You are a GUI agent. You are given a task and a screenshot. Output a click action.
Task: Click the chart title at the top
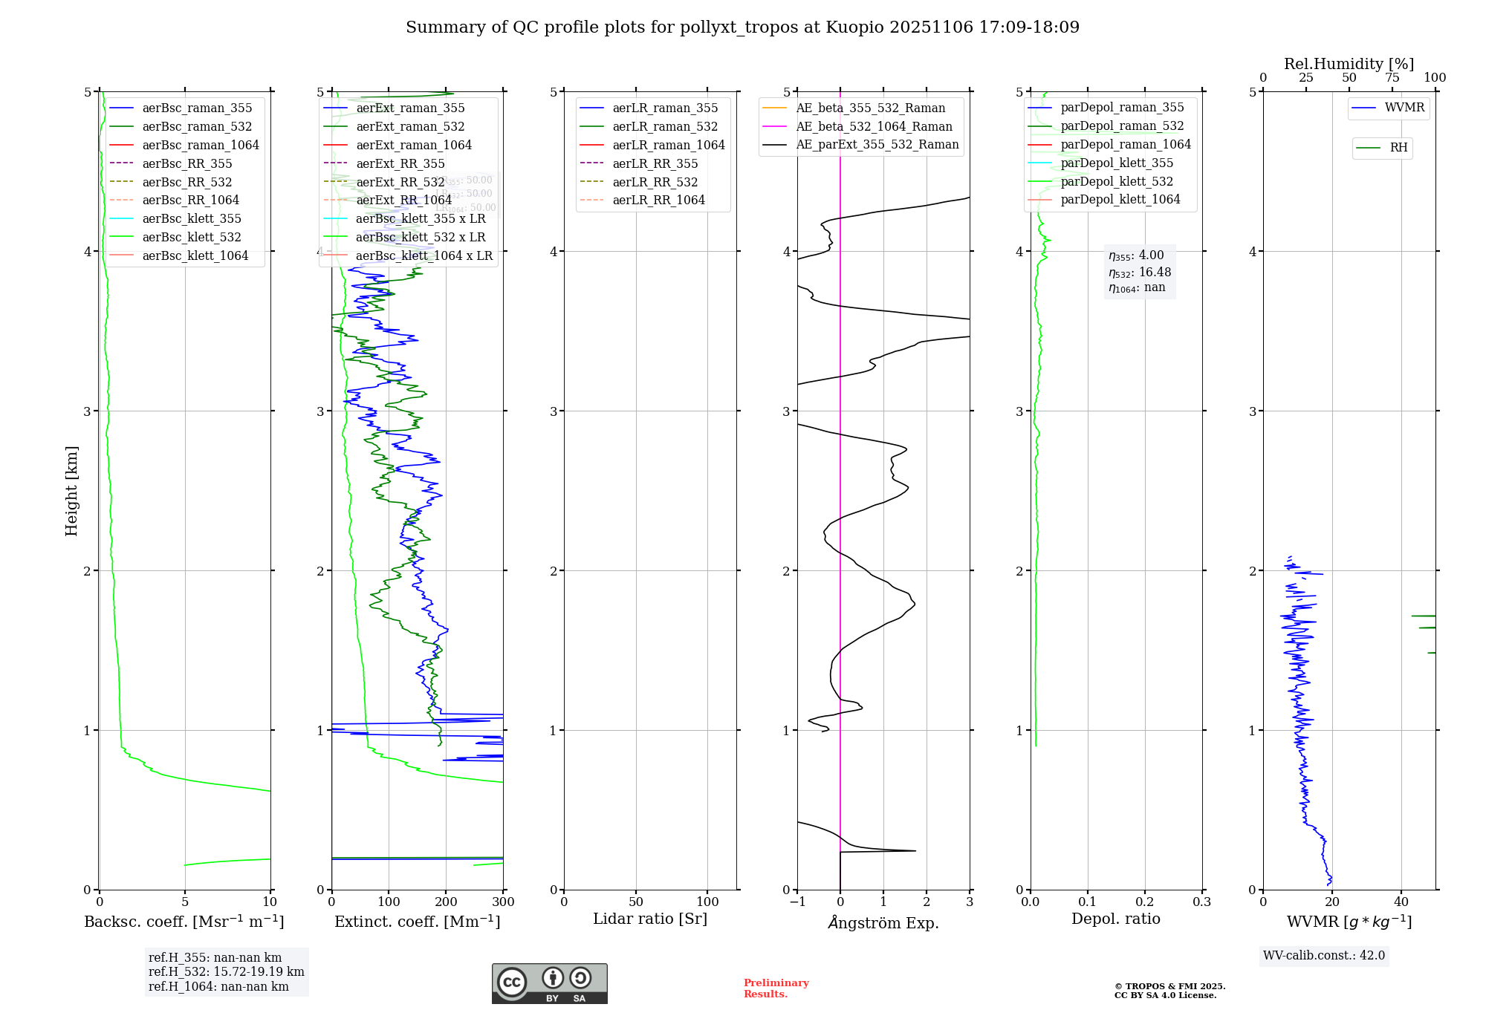click(x=742, y=27)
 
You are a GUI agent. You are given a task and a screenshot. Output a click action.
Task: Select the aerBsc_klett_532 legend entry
click(x=192, y=237)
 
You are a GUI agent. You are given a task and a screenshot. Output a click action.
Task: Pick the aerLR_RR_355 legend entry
click(x=655, y=163)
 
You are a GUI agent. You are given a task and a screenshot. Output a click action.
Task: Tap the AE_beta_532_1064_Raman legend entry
click(x=874, y=126)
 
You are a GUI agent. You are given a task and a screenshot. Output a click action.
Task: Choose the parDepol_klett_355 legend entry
click(x=1117, y=163)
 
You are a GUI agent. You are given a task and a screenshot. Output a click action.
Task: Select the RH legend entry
click(x=1398, y=148)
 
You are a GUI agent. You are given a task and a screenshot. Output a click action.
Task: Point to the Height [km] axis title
click(x=71, y=490)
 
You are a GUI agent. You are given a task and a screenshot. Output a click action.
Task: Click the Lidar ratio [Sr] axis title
click(x=650, y=919)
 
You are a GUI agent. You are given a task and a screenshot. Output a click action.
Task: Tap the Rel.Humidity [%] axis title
click(x=1349, y=64)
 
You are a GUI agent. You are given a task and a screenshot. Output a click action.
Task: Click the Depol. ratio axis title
click(x=1115, y=919)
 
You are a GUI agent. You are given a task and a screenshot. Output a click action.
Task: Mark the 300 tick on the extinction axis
click(x=503, y=902)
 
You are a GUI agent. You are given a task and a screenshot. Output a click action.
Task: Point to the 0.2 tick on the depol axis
click(x=1145, y=902)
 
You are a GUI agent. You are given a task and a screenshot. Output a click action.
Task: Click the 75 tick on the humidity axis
click(x=1392, y=78)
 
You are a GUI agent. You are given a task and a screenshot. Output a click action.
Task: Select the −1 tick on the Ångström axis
click(x=797, y=902)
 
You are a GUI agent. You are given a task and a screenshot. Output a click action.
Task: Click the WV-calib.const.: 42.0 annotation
click(x=1324, y=955)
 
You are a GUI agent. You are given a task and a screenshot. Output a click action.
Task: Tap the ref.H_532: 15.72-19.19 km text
click(x=226, y=971)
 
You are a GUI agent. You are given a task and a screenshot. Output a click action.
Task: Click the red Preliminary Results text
click(x=776, y=988)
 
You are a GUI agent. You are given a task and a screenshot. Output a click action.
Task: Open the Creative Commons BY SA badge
click(x=549, y=983)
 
